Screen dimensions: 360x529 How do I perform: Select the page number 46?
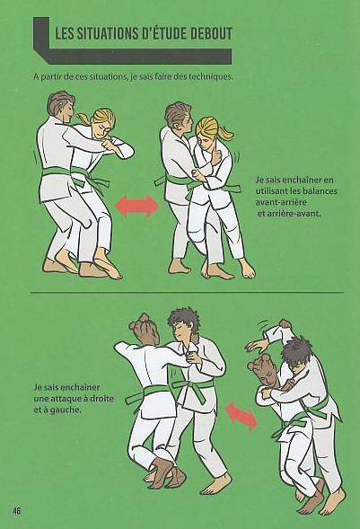point(16,510)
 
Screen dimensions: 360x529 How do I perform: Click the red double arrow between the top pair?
point(136,206)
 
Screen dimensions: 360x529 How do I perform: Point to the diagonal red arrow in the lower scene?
point(242,417)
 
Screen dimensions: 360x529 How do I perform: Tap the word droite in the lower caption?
point(101,399)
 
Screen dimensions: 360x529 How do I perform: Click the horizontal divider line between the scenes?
point(188,292)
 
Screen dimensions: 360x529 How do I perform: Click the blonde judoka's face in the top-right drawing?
point(206,136)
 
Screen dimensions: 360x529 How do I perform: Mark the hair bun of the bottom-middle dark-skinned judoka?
point(144,318)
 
